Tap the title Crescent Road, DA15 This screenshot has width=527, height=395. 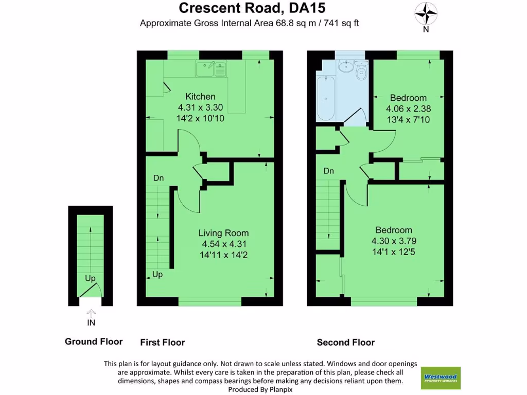pos(252,8)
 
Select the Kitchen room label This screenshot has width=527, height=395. pos(200,96)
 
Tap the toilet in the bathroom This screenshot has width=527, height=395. pos(361,71)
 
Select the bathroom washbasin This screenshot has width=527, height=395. pos(345,67)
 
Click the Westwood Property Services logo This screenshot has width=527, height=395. pos(441,378)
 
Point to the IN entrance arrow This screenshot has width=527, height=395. pos(91,313)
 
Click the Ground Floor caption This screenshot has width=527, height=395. pos(94,342)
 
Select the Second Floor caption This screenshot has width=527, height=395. pos(345,342)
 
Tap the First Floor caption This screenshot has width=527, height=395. pos(162,342)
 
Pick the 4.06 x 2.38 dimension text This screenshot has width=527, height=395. pos(408,109)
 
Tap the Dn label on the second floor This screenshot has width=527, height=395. pos(329,171)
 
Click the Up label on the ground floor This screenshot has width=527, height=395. pos(90,278)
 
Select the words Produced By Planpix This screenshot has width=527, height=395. pos(260,390)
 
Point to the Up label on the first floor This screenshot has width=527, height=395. pos(157,275)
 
